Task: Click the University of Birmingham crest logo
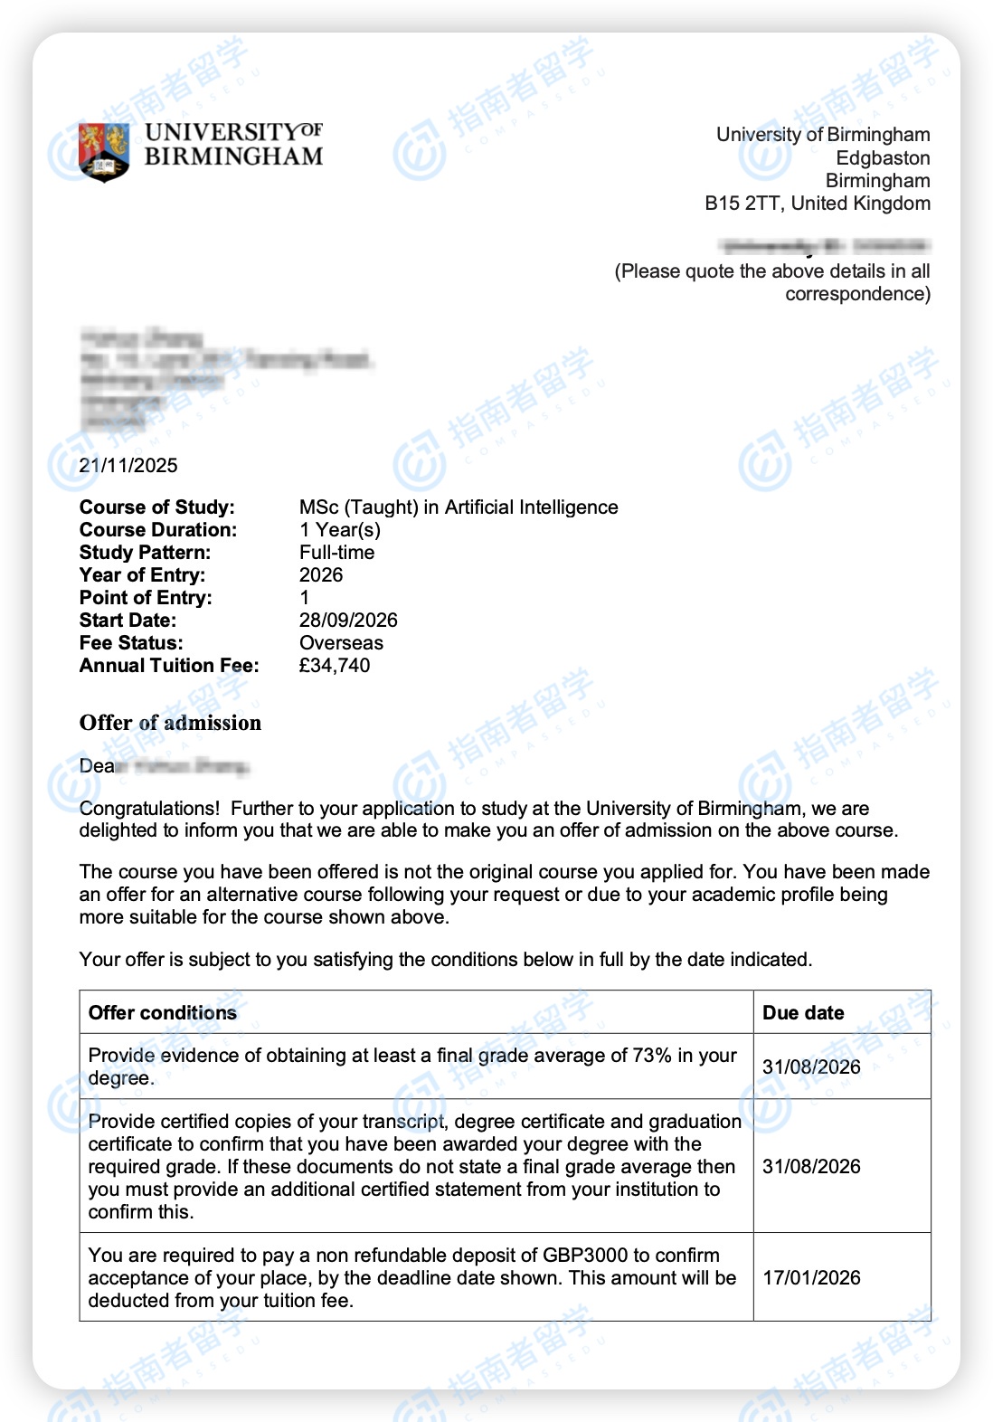point(104,151)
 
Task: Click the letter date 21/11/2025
point(128,466)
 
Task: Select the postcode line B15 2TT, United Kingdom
point(817,204)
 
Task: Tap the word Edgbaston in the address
point(882,158)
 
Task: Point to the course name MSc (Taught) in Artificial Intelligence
point(459,507)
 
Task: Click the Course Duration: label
point(158,530)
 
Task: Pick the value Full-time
point(336,553)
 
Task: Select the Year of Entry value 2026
point(321,575)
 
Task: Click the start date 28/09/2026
point(348,621)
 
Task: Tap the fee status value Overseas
point(341,643)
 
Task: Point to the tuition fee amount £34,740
point(335,666)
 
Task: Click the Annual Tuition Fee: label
point(169,666)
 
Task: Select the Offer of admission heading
point(170,723)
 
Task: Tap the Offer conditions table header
point(163,1013)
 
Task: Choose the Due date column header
point(803,1013)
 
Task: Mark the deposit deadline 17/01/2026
point(811,1278)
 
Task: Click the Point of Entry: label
point(146,598)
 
